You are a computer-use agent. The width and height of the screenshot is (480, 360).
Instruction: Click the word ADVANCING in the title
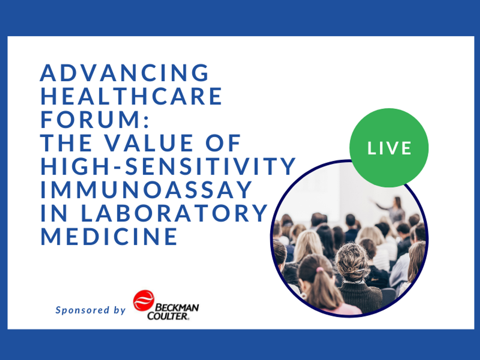(x=125, y=73)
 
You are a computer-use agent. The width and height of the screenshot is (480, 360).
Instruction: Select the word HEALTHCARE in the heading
(x=132, y=96)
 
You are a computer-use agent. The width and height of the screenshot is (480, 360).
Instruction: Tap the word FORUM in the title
(x=89, y=120)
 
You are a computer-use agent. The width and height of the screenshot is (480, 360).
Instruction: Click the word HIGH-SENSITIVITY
(x=168, y=166)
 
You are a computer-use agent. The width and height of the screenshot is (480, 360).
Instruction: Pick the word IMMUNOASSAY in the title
(x=146, y=190)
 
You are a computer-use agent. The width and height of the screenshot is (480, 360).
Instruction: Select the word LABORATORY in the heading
(x=174, y=213)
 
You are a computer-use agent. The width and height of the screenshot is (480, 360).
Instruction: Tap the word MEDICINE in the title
(x=109, y=236)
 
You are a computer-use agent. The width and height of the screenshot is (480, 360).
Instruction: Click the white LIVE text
(x=389, y=148)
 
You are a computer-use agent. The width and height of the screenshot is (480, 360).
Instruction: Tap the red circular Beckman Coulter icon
(x=143, y=300)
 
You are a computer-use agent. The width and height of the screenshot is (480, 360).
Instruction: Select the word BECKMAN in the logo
(x=176, y=308)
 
